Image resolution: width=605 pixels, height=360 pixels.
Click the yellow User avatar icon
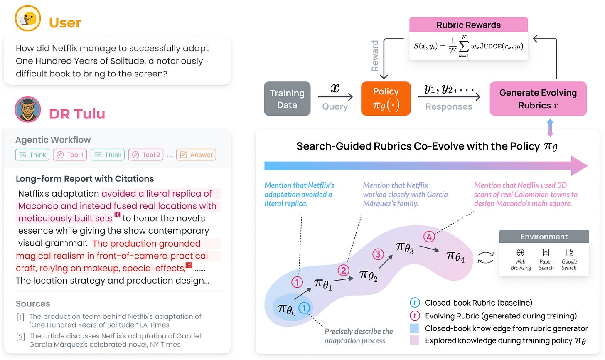28,19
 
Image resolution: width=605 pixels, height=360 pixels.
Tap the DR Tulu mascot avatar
28,109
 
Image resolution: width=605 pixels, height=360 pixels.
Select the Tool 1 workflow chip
71,155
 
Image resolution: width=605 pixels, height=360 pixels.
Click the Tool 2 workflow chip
146,155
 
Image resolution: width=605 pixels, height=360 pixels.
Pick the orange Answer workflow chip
196,155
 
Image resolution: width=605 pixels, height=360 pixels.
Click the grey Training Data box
287,99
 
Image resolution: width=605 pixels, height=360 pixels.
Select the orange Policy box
386,99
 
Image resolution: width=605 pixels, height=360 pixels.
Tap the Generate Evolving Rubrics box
538,99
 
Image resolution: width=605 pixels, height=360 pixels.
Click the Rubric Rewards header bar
468,25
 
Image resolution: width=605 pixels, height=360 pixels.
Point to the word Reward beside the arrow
375,56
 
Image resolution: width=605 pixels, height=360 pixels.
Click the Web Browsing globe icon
520,253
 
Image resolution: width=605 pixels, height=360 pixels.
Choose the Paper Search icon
546,253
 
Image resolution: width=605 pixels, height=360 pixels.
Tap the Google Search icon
569,253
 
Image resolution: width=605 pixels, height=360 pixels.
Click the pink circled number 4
429,237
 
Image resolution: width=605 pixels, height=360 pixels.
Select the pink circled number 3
378,254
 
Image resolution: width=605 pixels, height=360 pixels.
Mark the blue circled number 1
304,308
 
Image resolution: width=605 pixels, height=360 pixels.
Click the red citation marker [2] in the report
189,265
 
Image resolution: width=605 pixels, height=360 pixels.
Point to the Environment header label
544,237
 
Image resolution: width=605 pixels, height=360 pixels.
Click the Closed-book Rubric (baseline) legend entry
478,303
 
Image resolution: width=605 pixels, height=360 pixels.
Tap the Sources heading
33,303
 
